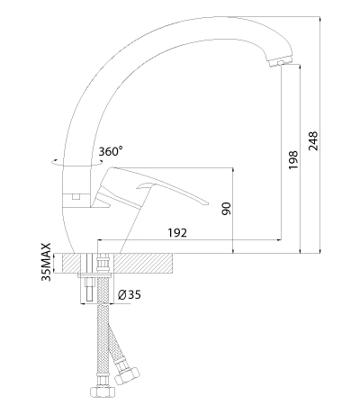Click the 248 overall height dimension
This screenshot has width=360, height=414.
coord(313,140)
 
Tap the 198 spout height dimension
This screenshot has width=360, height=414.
coord(293,159)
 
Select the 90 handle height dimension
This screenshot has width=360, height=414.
coord(227,209)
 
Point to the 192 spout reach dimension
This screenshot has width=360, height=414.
coord(177,233)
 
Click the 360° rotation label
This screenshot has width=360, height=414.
coord(111,151)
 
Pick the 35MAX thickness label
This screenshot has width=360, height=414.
coord(47,262)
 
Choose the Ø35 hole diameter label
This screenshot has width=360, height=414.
coord(130,295)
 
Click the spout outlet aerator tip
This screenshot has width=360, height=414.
coord(280,63)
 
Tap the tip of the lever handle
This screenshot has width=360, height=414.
coord(206,203)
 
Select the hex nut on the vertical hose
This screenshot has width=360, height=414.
coord(103,391)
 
